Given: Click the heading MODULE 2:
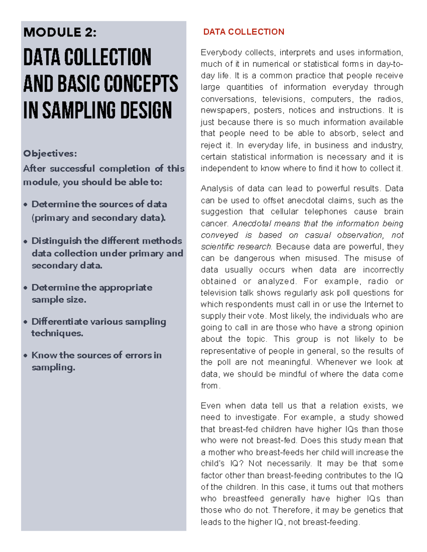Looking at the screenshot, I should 60,32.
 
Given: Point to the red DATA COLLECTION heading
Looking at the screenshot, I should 244,32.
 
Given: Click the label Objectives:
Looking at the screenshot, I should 50,154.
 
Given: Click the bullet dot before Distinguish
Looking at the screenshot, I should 26,241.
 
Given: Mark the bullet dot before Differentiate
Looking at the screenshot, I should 26,322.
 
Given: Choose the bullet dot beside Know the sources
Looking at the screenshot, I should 26,355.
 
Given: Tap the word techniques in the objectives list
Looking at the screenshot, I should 57,333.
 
